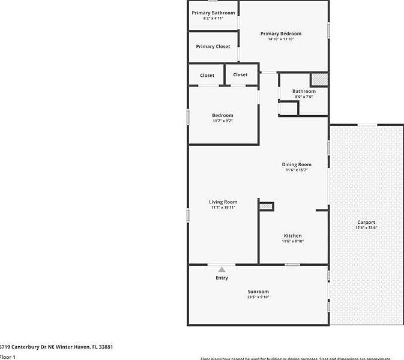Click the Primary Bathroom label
[x=213, y=13]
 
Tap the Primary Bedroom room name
[x=281, y=34]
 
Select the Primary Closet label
[x=213, y=46]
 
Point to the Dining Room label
[x=297, y=164]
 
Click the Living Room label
[x=223, y=202]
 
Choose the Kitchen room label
[x=292, y=236]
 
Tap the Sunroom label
[x=258, y=292]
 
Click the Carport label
[x=366, y=223]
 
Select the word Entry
[x=222, y=278]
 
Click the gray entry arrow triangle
[x=222, y=269]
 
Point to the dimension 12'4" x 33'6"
[x=366, y=228]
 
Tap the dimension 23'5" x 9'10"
[x=258, y=297]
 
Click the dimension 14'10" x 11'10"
[x=281, y=40]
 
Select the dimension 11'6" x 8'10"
[x=292, y=241]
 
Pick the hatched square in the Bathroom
[x=319, y=79]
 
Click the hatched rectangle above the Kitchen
[x=266, y=206]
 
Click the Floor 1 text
[x=7, y=358]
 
